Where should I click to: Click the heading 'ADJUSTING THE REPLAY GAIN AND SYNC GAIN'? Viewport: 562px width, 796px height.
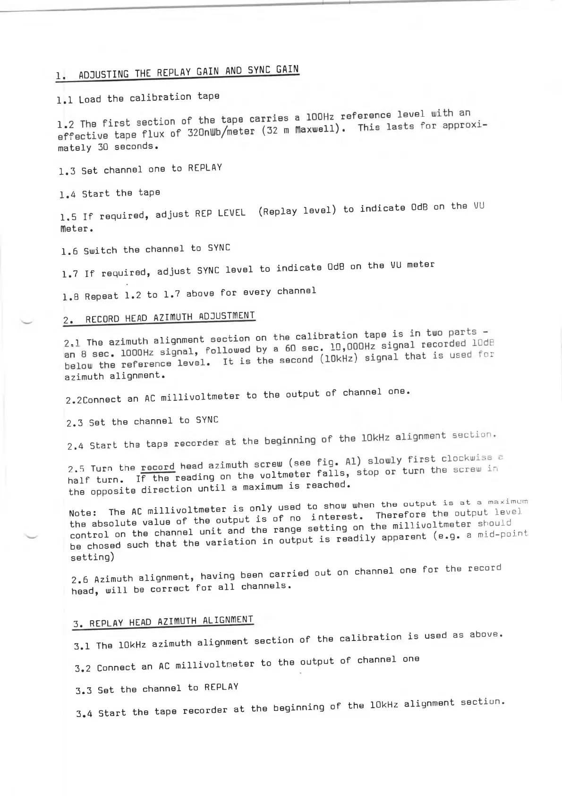pyautogui.click(x=188, y=72)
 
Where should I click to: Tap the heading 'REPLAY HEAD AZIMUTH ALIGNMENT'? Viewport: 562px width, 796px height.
pyautogui.click(x=171, y=621)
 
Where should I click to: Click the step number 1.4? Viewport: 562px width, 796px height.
pyautogui.click(x=68, y=194)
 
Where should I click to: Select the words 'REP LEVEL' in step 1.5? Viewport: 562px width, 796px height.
pyautogui.click(x=220, y=213)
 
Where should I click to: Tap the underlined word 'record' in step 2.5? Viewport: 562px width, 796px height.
pyautogui.click(x=158, y=467)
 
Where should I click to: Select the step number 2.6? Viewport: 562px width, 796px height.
pyautogui.click(x=79, y=580)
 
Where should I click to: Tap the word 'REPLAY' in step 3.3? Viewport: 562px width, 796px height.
pyautogui.click(x=221, y=687)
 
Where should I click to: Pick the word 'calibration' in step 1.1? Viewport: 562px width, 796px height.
pyautogui.click(x=160, y=98)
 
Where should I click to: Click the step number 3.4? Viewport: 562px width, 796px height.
pyautogui.click(x=84, y=714)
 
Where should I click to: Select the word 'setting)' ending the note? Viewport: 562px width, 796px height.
pyautogui.click(x=92, y=557)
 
